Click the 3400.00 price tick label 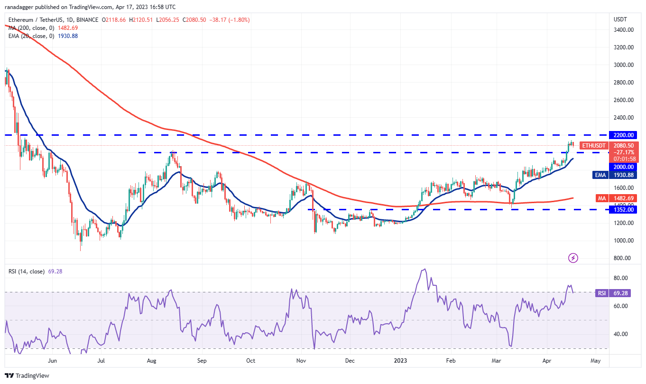pyautogui.click(x=624, y=30)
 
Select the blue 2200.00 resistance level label pyautogui.click(x=624, y=135)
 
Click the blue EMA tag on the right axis pyautogui.click(x=601, y=175)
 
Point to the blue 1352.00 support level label pyautogui.click(x=624, y=209)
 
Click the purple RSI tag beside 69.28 pyautogui.click(x=602, y=293)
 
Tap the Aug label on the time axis pyautogui.click(x=151, y=361)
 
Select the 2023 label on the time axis pyautogui.click(x=400, y=361)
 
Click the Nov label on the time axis pyautogui.click(x=301, y=361)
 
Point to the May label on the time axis pyautogui.click(x=595, y=361)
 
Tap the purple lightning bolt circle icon pyautogui.click(x=573, y=258)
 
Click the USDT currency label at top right pyautogui.click(x=620, y=19)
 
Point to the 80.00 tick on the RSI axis pyautogui.click(x=620, y=278)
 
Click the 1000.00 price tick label pyautogui.click(x=624, y=241)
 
